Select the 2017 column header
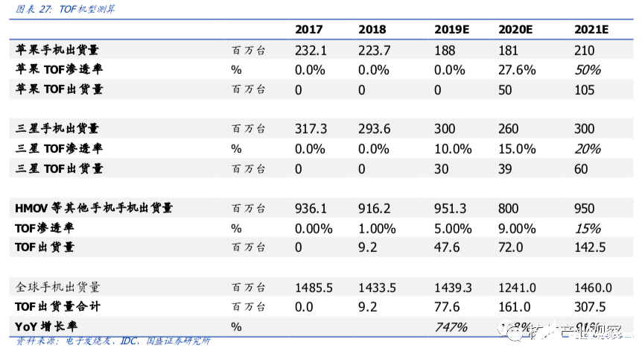pyautogui.click(x=309, y=30)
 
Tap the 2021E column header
pyautogui.click(x=591, y=30)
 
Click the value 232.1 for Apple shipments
pyautogui.click(x=311, y=51)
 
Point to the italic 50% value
pyautogui.click(x=588, y=70)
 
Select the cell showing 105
pyautogui.click(x=585, y=90)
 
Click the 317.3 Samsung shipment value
pyautogui.click(x=311, y=129)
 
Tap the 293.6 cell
pyautogui.click(x=374, y=129)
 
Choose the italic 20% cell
pyautogui.click(x=588, y=149)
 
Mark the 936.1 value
pyautogui.click(x=311, y=208)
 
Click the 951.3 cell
pyautogui.click(x=452, y=208)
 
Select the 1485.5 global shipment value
pyautogui.click(x=314, y=287)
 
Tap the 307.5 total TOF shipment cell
pyautogui.click(x=591, y=306)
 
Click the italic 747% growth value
pyautogui.click(x=451, y=326)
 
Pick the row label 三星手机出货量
pyautogui.click(x=57, y=129)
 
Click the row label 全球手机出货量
pyautogui.click(x=58, y=287)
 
